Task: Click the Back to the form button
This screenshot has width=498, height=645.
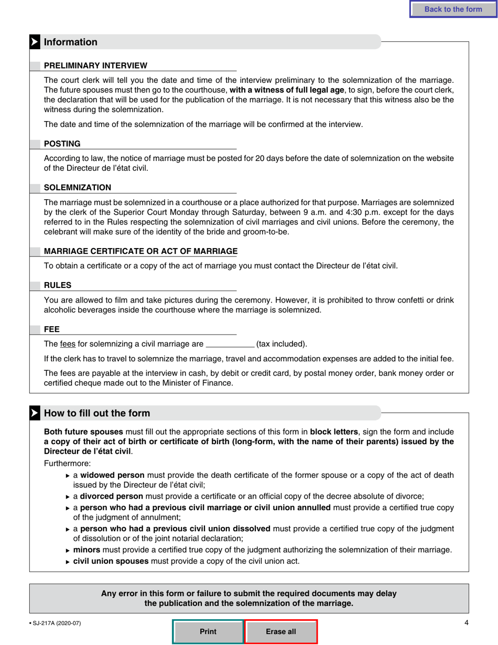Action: tap(453, 9)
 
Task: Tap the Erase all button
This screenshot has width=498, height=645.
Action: tap(281, 631)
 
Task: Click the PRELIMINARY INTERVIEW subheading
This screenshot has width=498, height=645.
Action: tap(95, 66)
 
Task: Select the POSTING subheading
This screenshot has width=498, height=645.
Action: tap(62, 144)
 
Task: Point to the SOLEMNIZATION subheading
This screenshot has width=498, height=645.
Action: tap(77, 188)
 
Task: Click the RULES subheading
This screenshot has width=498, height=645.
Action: tap(58, 285)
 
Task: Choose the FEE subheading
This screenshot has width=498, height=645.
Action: tap(51, 329)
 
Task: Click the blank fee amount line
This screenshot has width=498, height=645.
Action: tap(230, 345)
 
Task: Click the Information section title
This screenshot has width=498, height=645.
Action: tap(71, 42)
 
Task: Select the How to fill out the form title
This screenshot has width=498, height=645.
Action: tap(97, 413)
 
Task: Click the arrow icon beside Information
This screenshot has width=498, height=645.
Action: tap(35, 42)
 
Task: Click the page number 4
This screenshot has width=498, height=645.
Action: tap(466, 622)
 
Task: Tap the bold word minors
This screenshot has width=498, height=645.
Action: tap(86, 550)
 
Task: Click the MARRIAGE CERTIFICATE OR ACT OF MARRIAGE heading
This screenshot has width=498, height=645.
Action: tap(140, 251)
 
